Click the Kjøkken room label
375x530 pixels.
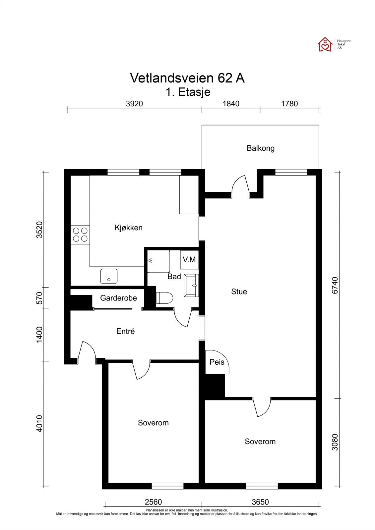coord(128,228)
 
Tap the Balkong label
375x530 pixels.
coord(261,148)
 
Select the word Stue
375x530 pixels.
coord(239,291)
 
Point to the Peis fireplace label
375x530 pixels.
coord(217,362)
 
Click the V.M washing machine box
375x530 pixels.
coord(189,260)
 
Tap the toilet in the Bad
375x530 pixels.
coord(164,298)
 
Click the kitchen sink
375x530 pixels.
coord(109,276)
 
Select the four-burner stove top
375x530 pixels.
coord(80,235)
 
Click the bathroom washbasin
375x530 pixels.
coord(191,286)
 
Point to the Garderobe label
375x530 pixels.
coord(118,298)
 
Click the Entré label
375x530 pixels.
coord(126,331)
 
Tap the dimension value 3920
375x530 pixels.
coord(134,104)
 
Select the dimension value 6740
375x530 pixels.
coord(335,285)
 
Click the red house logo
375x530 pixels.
coord(325,44)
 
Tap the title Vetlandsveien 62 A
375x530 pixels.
coord(187,78)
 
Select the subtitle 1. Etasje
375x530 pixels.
coord(188,92)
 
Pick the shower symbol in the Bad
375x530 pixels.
coord(150,260)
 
